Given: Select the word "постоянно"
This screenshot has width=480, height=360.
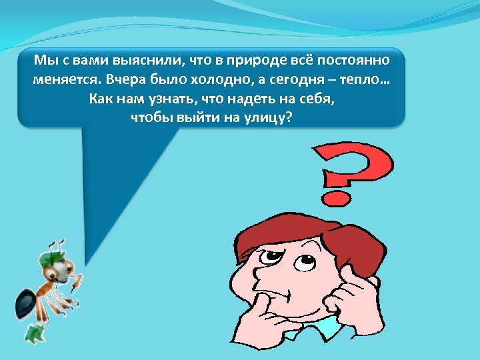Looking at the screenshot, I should click(x=351, y=61).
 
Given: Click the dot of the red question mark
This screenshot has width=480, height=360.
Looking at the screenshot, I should click(x=333, y=198).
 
